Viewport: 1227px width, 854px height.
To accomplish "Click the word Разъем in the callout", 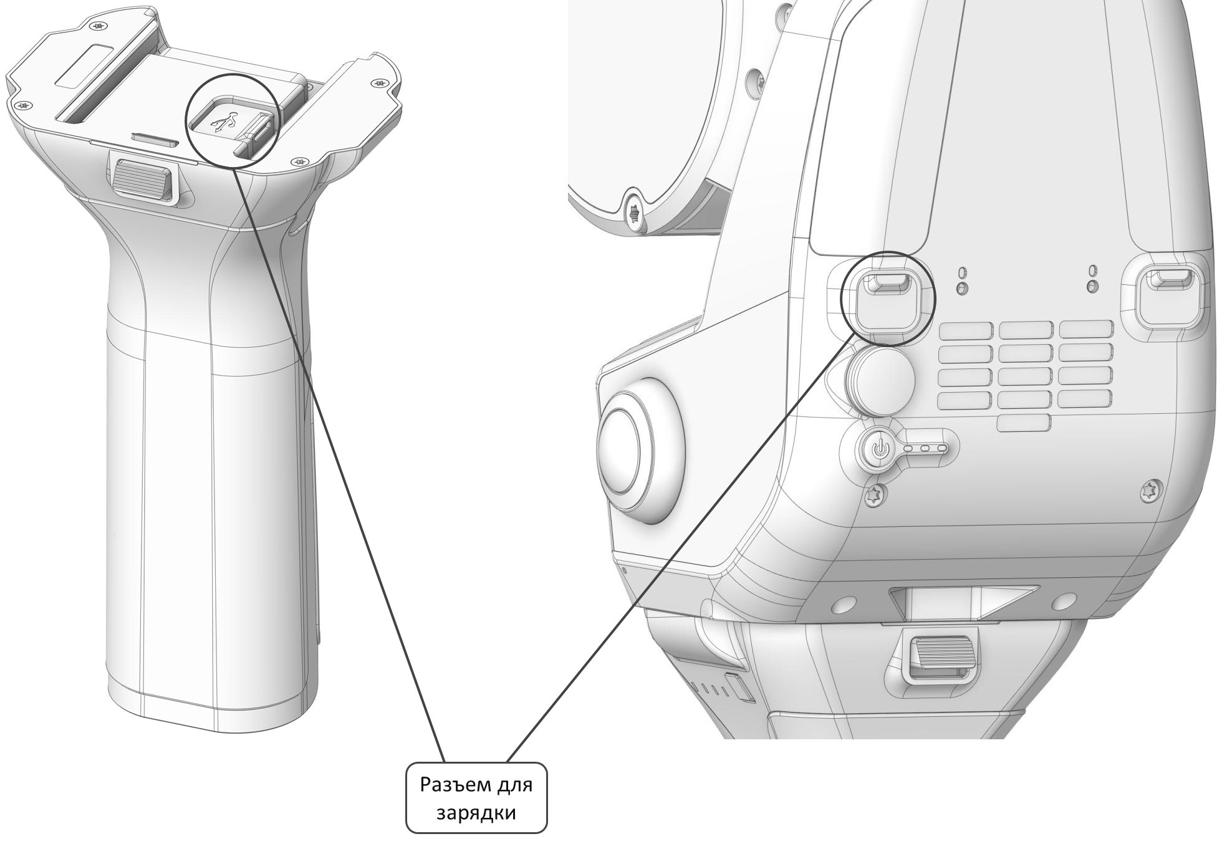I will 447,784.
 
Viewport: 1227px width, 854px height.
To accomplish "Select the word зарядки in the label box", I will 476,813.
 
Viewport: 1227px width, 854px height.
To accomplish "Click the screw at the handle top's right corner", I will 377,82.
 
